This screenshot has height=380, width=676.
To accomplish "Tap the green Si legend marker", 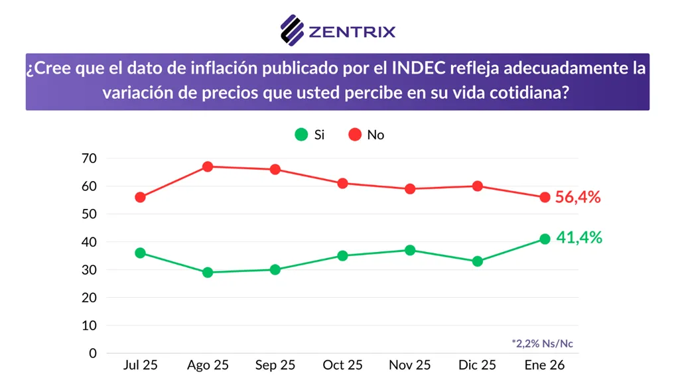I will [x=301, y=135].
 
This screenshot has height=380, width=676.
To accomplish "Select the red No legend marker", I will [x=355, y=135].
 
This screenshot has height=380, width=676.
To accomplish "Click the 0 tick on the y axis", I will [x=94, y=353].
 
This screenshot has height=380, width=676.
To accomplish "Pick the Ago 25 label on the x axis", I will [x=208, y=365].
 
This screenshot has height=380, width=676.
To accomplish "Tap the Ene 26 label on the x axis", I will [x=544, y=365].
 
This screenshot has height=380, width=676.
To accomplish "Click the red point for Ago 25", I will [x=208, y=166].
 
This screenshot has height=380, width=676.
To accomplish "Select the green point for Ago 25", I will [x=208, y=272].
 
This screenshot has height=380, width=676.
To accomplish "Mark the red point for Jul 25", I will [x=140, y=197].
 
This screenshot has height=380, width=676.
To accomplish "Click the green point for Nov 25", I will [x=410, y=250].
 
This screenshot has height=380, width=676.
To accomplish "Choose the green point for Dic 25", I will [x=477, y=261].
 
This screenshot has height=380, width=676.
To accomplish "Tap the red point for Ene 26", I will [x=545, y=197].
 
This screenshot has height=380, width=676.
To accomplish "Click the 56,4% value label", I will [x=578, y=197].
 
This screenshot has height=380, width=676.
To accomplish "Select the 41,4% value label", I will [x=579, y=238].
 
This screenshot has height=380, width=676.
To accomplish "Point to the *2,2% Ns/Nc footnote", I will [x=542, y=343].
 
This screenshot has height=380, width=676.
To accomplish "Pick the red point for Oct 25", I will [x=342, y=183].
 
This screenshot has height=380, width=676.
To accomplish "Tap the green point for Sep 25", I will [x=275, y=269].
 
